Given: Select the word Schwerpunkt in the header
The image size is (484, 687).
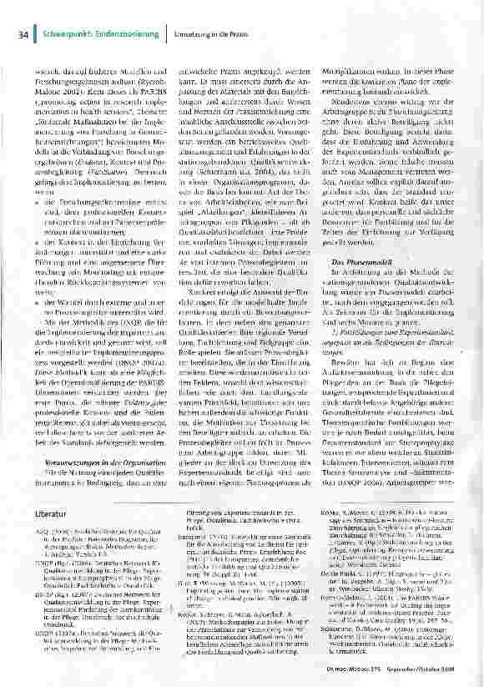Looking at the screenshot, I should pos(65,33).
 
